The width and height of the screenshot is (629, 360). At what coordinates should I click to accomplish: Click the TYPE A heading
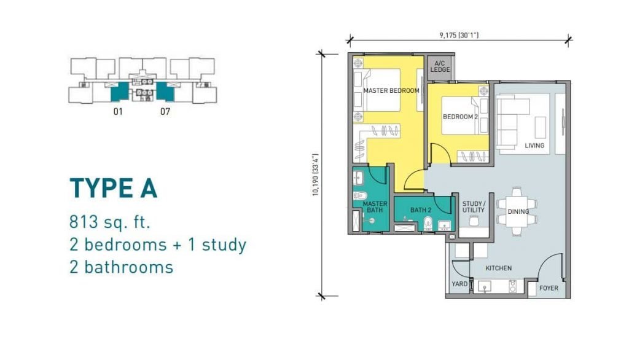[114, 189]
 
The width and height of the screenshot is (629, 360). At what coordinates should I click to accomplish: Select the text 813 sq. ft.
[110, 222]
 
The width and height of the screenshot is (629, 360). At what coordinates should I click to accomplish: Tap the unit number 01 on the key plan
[118, 112]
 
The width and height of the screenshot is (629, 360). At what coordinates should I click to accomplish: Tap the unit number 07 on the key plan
[165, 112]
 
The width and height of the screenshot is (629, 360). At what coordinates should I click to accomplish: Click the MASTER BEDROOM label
[391, 91]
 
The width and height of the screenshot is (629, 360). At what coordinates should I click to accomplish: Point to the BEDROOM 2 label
[460, 117]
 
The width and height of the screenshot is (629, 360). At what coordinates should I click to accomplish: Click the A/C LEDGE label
[440, 66]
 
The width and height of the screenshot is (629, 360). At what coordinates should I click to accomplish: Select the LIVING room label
[534, 146]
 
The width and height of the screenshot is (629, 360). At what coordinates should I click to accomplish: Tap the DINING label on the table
[518, 212]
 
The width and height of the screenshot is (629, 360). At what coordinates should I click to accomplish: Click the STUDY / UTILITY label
[474, 207]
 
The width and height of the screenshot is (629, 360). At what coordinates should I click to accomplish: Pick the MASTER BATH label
[375, 207]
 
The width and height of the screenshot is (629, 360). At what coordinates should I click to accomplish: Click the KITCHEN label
[498, 268]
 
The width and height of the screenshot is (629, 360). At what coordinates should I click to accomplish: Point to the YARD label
[459, 284]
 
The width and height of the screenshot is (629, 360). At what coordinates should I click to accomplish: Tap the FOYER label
[549, 288]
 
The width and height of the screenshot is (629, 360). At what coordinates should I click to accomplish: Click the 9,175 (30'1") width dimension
[459, 35]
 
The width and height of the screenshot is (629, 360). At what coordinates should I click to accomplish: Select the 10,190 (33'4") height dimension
[316, 175]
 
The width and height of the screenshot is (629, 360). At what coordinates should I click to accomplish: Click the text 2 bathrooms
[121, 267]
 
